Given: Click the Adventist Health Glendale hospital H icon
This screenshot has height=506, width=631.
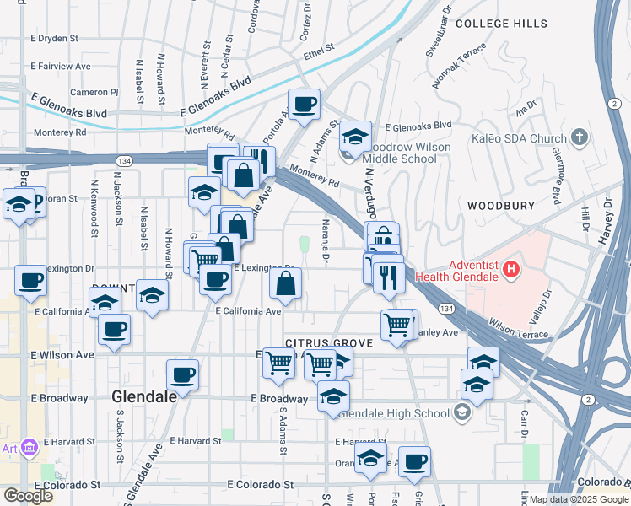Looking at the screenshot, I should click(510, 271).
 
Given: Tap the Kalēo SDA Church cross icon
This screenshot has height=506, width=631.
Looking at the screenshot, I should click(579, 137).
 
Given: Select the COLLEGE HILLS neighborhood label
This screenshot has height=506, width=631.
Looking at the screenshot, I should click(495, 24).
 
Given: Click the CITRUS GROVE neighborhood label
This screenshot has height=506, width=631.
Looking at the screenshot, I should click(328, 342).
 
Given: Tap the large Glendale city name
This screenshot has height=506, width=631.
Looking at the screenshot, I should click(143, 396).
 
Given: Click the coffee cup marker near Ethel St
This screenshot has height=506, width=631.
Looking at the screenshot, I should click(305, 105).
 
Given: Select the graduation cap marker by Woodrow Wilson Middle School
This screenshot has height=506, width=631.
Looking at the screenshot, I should click(355, 137).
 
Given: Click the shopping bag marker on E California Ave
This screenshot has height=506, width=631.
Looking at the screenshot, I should click(286, 284).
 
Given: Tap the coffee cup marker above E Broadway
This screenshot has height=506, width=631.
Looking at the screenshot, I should click(182, 373).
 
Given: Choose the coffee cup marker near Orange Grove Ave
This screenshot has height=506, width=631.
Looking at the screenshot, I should click(414, 461).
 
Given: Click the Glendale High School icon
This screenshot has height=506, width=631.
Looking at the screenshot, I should click(461, 412).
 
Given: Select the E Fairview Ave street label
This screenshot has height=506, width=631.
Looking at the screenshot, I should click(60, 65).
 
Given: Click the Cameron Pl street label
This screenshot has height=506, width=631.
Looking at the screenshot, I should click(94, 92).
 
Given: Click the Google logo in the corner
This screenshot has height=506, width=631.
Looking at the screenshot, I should click(28, 495).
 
